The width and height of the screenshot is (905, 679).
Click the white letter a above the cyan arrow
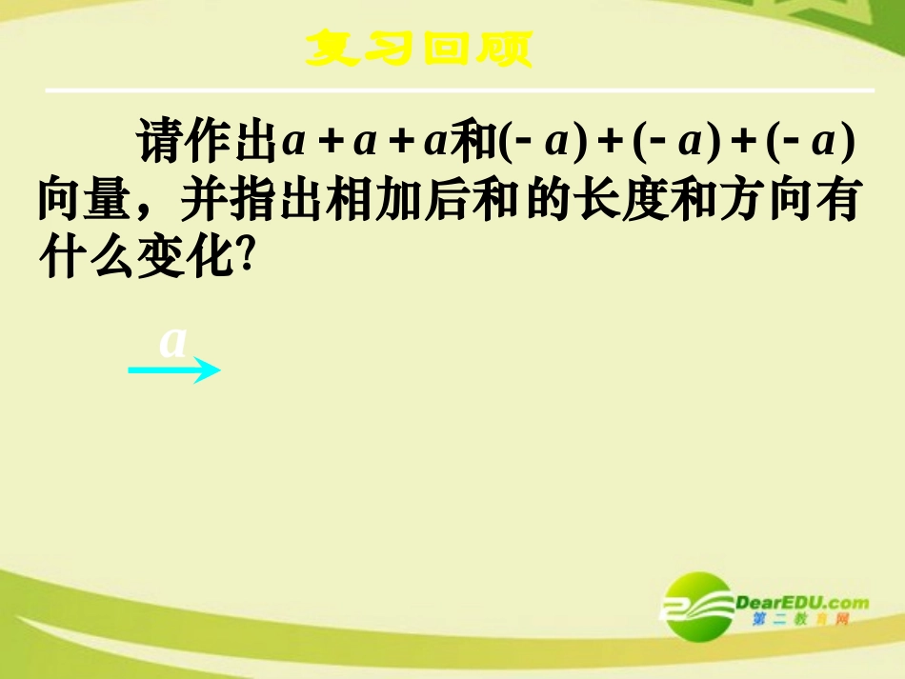click(x=173, y=341)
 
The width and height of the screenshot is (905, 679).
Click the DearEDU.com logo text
click(x=802, y=602)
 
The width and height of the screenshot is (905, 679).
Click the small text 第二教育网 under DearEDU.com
click(x=800, y=621)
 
